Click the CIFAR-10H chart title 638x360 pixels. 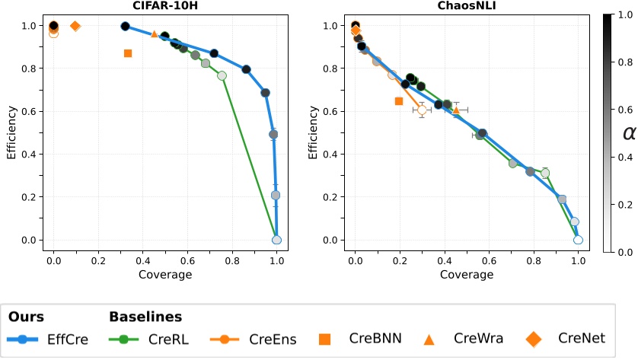click(x=165, y=6)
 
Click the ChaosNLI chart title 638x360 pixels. click(x=466, y=6)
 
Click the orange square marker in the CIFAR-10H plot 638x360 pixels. click(x=128, y=53)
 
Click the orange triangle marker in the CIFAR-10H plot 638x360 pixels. click(x=154, y=34)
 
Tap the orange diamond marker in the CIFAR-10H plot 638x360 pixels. click(x=75, y=26)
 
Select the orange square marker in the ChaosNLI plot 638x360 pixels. click(x=398, y=101)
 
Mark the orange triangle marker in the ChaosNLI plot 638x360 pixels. click(x=456, y=110)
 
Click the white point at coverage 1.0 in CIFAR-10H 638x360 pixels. click(x=276, y=240)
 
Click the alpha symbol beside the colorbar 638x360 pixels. click(x=630, y=133)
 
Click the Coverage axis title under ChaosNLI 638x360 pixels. click(x=466, y=274)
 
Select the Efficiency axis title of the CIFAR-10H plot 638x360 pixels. click(x=11, y=132)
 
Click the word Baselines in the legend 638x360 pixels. click(x=145, y=316)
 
